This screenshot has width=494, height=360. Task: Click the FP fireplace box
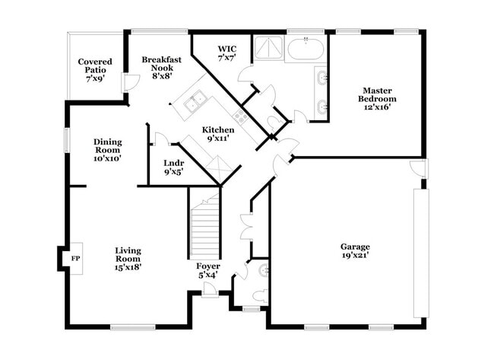[74, 259]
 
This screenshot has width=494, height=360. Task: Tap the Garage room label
[355, 252]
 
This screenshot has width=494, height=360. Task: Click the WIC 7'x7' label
[227, 53]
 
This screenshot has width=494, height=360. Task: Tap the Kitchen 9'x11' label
[218, 134]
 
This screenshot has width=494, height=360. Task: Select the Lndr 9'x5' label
[174, 167]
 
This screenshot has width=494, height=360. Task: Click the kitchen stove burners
[240, 116]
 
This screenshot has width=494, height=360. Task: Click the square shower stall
[267, 48]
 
